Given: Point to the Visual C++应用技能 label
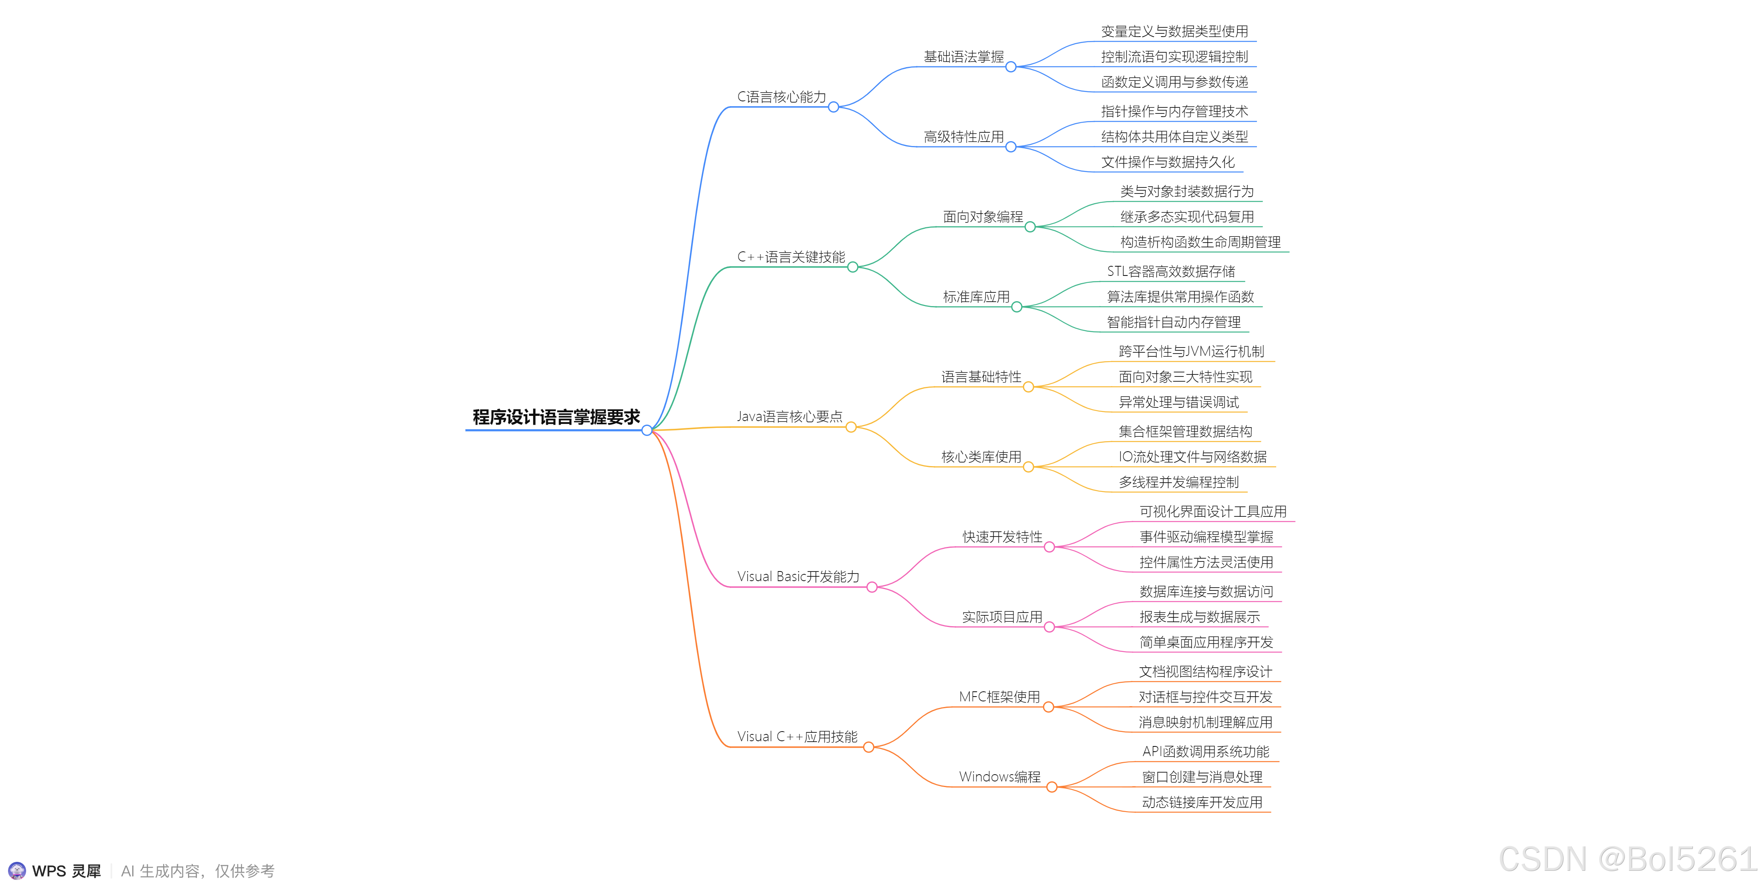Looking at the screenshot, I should click(x=797, y=737).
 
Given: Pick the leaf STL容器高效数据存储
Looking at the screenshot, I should click(x=1171, y=271).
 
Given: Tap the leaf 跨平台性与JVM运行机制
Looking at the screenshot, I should click(x=1191, y=351).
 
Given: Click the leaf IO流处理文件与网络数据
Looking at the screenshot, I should click(x=1192, y=456).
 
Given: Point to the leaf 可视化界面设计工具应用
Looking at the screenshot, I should click(x=1213, y=511).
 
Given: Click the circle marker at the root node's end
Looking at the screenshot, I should click(x=646, y=430).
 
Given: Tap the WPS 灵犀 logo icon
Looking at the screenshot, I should click(x=17, y=870).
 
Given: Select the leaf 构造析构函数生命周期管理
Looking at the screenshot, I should click(x=1200, y=242).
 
